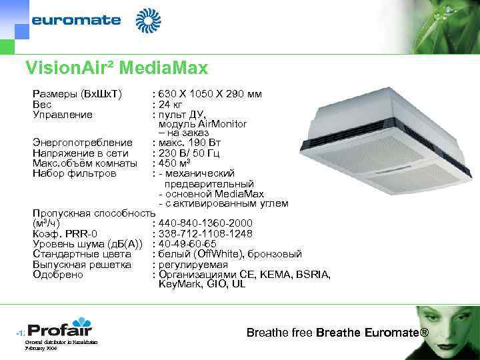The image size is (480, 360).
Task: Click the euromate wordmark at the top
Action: coord(76,20)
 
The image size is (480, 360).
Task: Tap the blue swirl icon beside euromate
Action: coord(149,21)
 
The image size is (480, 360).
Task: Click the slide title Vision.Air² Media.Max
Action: coord(116,68)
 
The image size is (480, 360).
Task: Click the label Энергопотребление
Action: coord(83,143)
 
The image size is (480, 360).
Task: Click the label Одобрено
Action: coord(58,274)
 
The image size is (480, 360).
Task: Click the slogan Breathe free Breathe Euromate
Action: coord(337,332)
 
